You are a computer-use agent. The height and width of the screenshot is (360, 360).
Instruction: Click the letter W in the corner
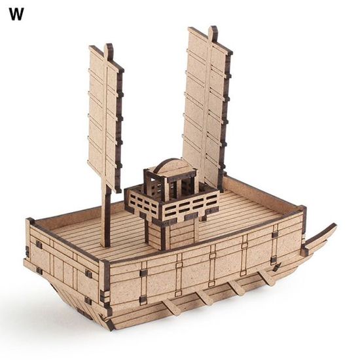coord(16,14)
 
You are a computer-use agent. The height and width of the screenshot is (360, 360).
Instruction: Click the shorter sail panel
coord(106,117)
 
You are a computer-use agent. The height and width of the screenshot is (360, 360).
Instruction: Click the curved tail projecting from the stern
coord(319,239)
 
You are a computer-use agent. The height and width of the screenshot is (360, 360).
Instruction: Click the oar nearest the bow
coord(170,309)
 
